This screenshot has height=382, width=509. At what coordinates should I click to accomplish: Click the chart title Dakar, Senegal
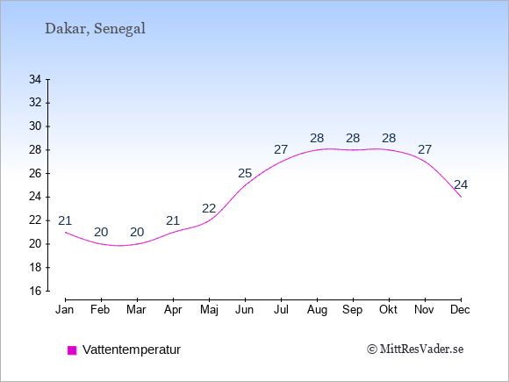pos(95,29)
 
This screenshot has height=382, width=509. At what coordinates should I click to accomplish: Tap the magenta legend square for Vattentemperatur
pos(72,350)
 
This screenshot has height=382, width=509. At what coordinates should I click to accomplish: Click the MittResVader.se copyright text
pos(415,350)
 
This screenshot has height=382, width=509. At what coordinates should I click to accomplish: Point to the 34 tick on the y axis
pos(35,79)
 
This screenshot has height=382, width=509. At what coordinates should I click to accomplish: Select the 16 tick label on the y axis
pos(35,291)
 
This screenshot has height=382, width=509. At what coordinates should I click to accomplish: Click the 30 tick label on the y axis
pos(35,126)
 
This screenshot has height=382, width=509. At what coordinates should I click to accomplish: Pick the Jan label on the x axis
pos(65,310)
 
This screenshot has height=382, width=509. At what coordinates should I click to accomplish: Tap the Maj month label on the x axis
pos(209,310)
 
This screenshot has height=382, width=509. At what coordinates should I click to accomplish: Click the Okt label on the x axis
pos(388,310)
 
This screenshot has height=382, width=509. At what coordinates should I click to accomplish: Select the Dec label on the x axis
pos(460,310)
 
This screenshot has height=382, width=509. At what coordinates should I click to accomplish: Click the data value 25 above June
pos(245,174)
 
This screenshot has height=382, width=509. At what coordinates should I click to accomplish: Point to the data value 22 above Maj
pos(209,208)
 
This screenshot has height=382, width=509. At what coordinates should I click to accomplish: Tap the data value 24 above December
pos(461,184)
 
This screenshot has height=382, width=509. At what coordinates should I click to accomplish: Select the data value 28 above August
pos(317,139)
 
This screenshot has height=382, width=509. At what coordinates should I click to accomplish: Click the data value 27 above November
pos(425,150)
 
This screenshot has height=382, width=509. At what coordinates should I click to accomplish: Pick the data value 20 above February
pos(101,232)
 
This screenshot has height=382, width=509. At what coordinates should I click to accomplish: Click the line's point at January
pos(66,232)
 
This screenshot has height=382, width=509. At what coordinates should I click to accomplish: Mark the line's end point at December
pos(461,197)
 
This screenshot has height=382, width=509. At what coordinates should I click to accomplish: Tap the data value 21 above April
pos(173,221)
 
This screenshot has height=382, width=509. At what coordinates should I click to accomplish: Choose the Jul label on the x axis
pos(281,310)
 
